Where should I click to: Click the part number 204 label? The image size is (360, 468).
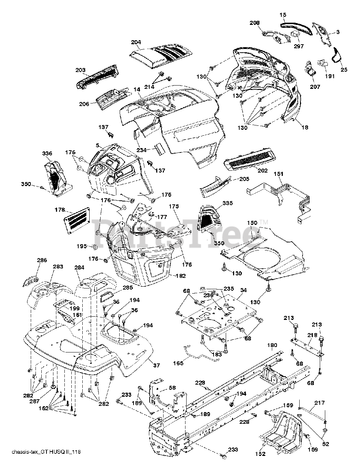click(136, 42)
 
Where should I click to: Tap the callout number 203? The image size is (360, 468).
click(80, 70)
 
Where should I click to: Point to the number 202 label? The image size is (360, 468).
click(262, 170)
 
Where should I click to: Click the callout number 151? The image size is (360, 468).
click(279, 174)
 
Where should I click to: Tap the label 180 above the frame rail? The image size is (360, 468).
click(273, 345)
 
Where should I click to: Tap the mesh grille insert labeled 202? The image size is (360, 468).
click(249, 159)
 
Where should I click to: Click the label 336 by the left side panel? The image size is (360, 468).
click(47, 153)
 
